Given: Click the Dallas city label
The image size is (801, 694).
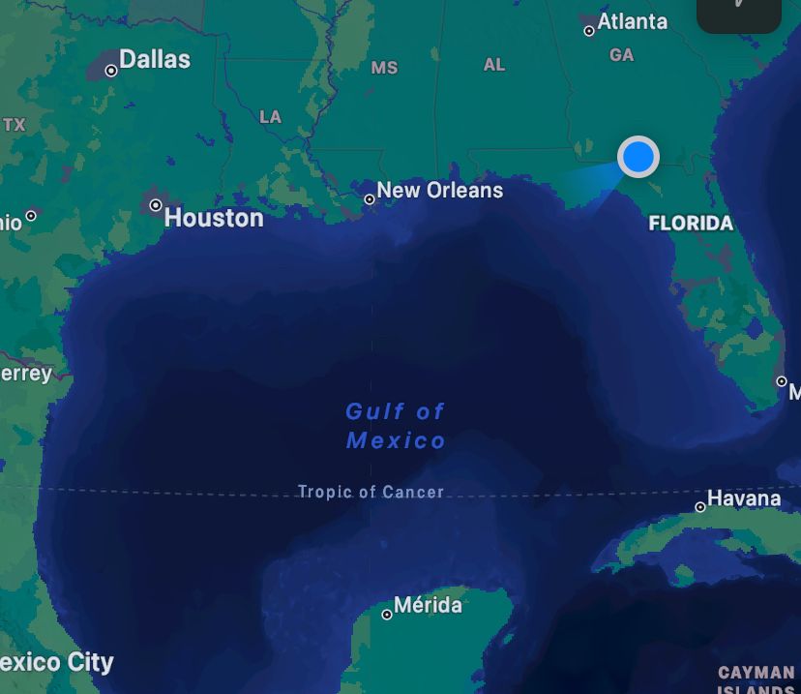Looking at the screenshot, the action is click(x=155, y=59).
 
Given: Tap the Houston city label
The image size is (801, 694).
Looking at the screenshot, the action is click(x=214, y=218).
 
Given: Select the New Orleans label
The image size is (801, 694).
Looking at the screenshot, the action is click(x=440, y=190).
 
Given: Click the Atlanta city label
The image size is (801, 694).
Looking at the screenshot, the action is click(x=633, y=21).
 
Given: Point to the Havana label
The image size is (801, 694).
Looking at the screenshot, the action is click(x=744, y=498).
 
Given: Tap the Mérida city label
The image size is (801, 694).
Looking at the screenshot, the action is click(x=428, y=605).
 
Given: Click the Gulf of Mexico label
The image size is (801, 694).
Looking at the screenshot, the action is click(x=396, y=426).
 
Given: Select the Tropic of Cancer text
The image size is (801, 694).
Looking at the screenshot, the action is click(x=371, y=492).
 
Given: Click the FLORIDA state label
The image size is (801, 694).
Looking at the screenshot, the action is click(x=691, y=224).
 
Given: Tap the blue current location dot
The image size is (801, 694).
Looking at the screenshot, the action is click(x=638, y=156).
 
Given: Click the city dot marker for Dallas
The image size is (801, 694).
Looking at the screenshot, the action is click(x=111, y=71).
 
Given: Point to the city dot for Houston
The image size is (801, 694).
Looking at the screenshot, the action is click(x=156, y=205).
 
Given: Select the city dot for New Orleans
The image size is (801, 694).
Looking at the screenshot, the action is click(x=370, y=199).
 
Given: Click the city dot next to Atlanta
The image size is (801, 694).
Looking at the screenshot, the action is click(x=589, y=31).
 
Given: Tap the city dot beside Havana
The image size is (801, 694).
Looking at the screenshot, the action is click(x=700, y=507).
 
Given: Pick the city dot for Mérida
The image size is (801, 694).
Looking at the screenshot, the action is click(x=387, y=615).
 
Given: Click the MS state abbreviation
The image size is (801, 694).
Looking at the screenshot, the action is click(x=384, y=68).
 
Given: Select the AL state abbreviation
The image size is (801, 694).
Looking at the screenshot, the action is click(x=494, y=65).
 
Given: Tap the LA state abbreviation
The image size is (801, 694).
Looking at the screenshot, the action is click(x=271, y=117).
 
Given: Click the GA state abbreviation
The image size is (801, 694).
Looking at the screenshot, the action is click(x=622, y=55).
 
